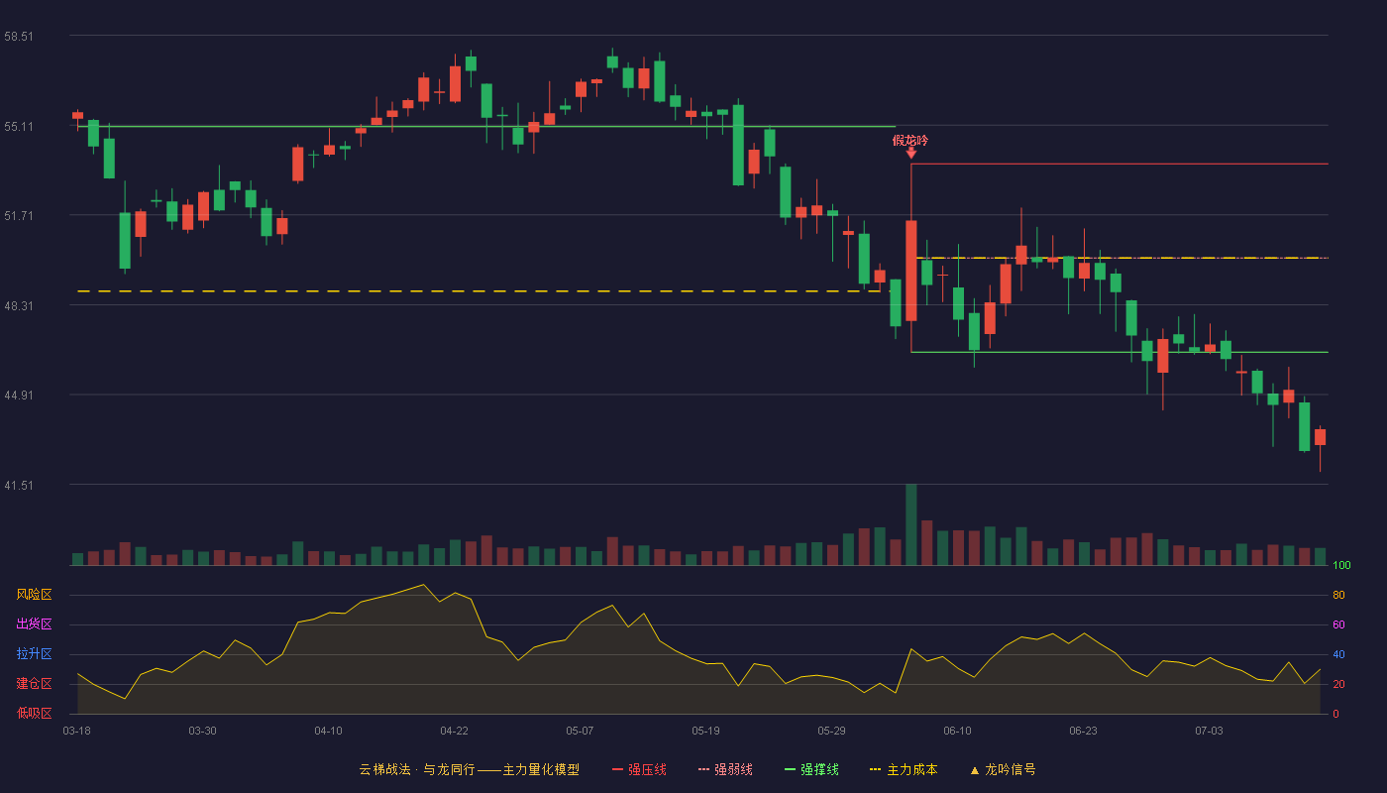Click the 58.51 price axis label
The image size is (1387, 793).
click(19, 37)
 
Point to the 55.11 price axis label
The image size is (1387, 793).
click(19, 127)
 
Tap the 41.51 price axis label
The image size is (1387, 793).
click(19, 485)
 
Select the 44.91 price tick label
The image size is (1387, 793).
click(19, 396)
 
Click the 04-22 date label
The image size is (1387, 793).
click(454, 732)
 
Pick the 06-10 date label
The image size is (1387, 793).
click(957, 732)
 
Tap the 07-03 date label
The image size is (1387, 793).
click(1209, 732)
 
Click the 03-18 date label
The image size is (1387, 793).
click(77, 732)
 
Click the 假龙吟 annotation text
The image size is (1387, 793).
click(910, 141)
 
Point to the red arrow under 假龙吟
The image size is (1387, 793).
click(910, 153)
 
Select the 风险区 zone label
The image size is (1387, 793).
click(34, 595)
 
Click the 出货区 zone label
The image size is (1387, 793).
click(34, 623)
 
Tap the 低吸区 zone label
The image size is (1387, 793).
click(34, 713)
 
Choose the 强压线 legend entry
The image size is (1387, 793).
click(639, 769)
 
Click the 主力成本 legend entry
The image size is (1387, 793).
click(904, 769)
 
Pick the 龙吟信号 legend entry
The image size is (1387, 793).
click(1003, 769)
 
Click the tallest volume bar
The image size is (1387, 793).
click(910, 524)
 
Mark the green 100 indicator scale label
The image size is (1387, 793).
click(1341, 565)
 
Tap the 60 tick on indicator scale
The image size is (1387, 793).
click(1338, 624)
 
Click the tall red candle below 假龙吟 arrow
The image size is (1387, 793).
click(910, 271)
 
